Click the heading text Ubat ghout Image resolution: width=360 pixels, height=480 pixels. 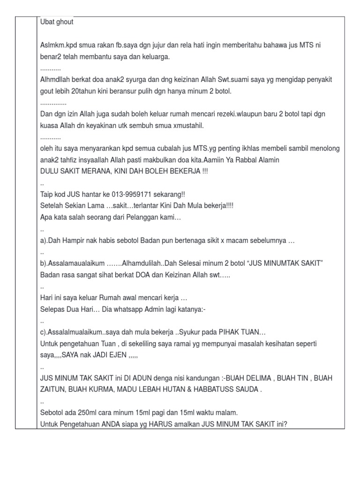pyautogui.click(x=57, y=22)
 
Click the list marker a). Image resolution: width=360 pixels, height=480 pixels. pyautogui.click(x=45, y=240)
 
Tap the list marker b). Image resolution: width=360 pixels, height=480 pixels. pyautogui.click(x=45, y=263)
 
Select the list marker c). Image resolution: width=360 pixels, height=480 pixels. pyautogui.click(x=45, y=332)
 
